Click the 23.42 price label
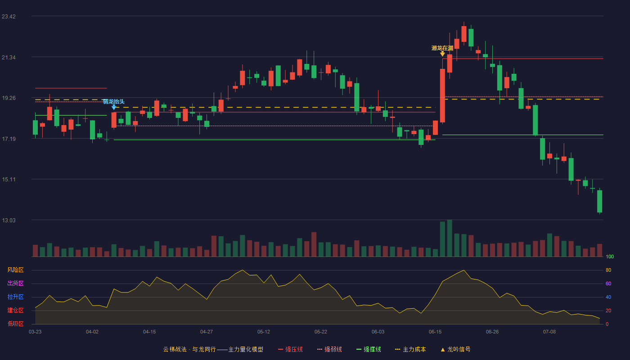9,17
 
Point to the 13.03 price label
9,220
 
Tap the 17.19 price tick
9,139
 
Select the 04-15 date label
149,332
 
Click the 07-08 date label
549,332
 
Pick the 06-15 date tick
435,332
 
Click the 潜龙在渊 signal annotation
442,48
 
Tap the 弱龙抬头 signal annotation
113,102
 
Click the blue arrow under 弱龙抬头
113,107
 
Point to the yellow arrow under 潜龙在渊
442,54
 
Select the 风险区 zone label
15,270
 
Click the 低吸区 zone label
15,324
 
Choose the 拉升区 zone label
15,297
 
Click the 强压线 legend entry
290,349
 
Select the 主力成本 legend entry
410,349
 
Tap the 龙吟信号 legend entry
455,349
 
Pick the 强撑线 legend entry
369,349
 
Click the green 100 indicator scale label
610,256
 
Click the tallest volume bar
450,238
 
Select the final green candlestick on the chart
599,201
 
